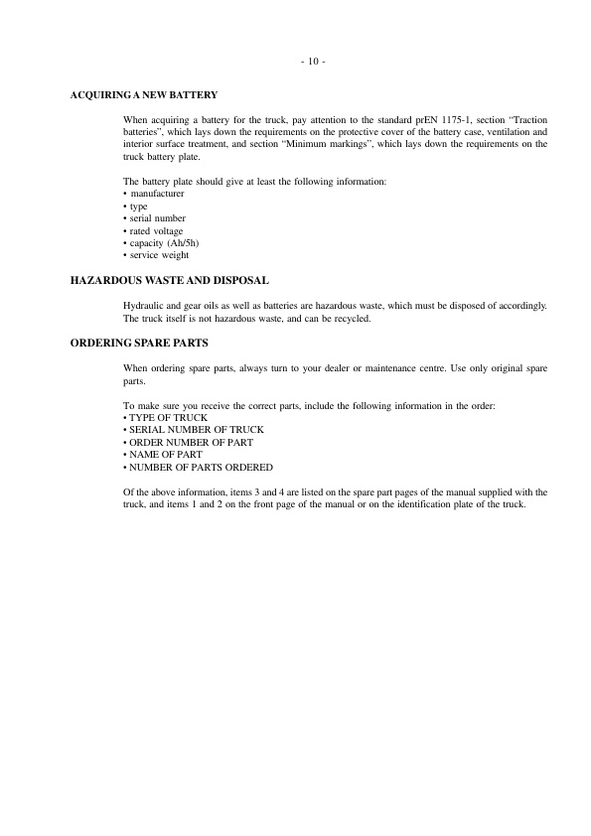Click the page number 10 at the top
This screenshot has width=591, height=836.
[312, 62]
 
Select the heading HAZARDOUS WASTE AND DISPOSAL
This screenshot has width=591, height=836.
[170, 282]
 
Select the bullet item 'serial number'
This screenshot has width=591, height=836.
[157, 218]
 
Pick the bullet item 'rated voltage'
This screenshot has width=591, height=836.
[156, 230]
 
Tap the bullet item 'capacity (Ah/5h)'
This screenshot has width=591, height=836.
[161, 243]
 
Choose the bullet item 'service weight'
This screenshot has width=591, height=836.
[158, 255]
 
